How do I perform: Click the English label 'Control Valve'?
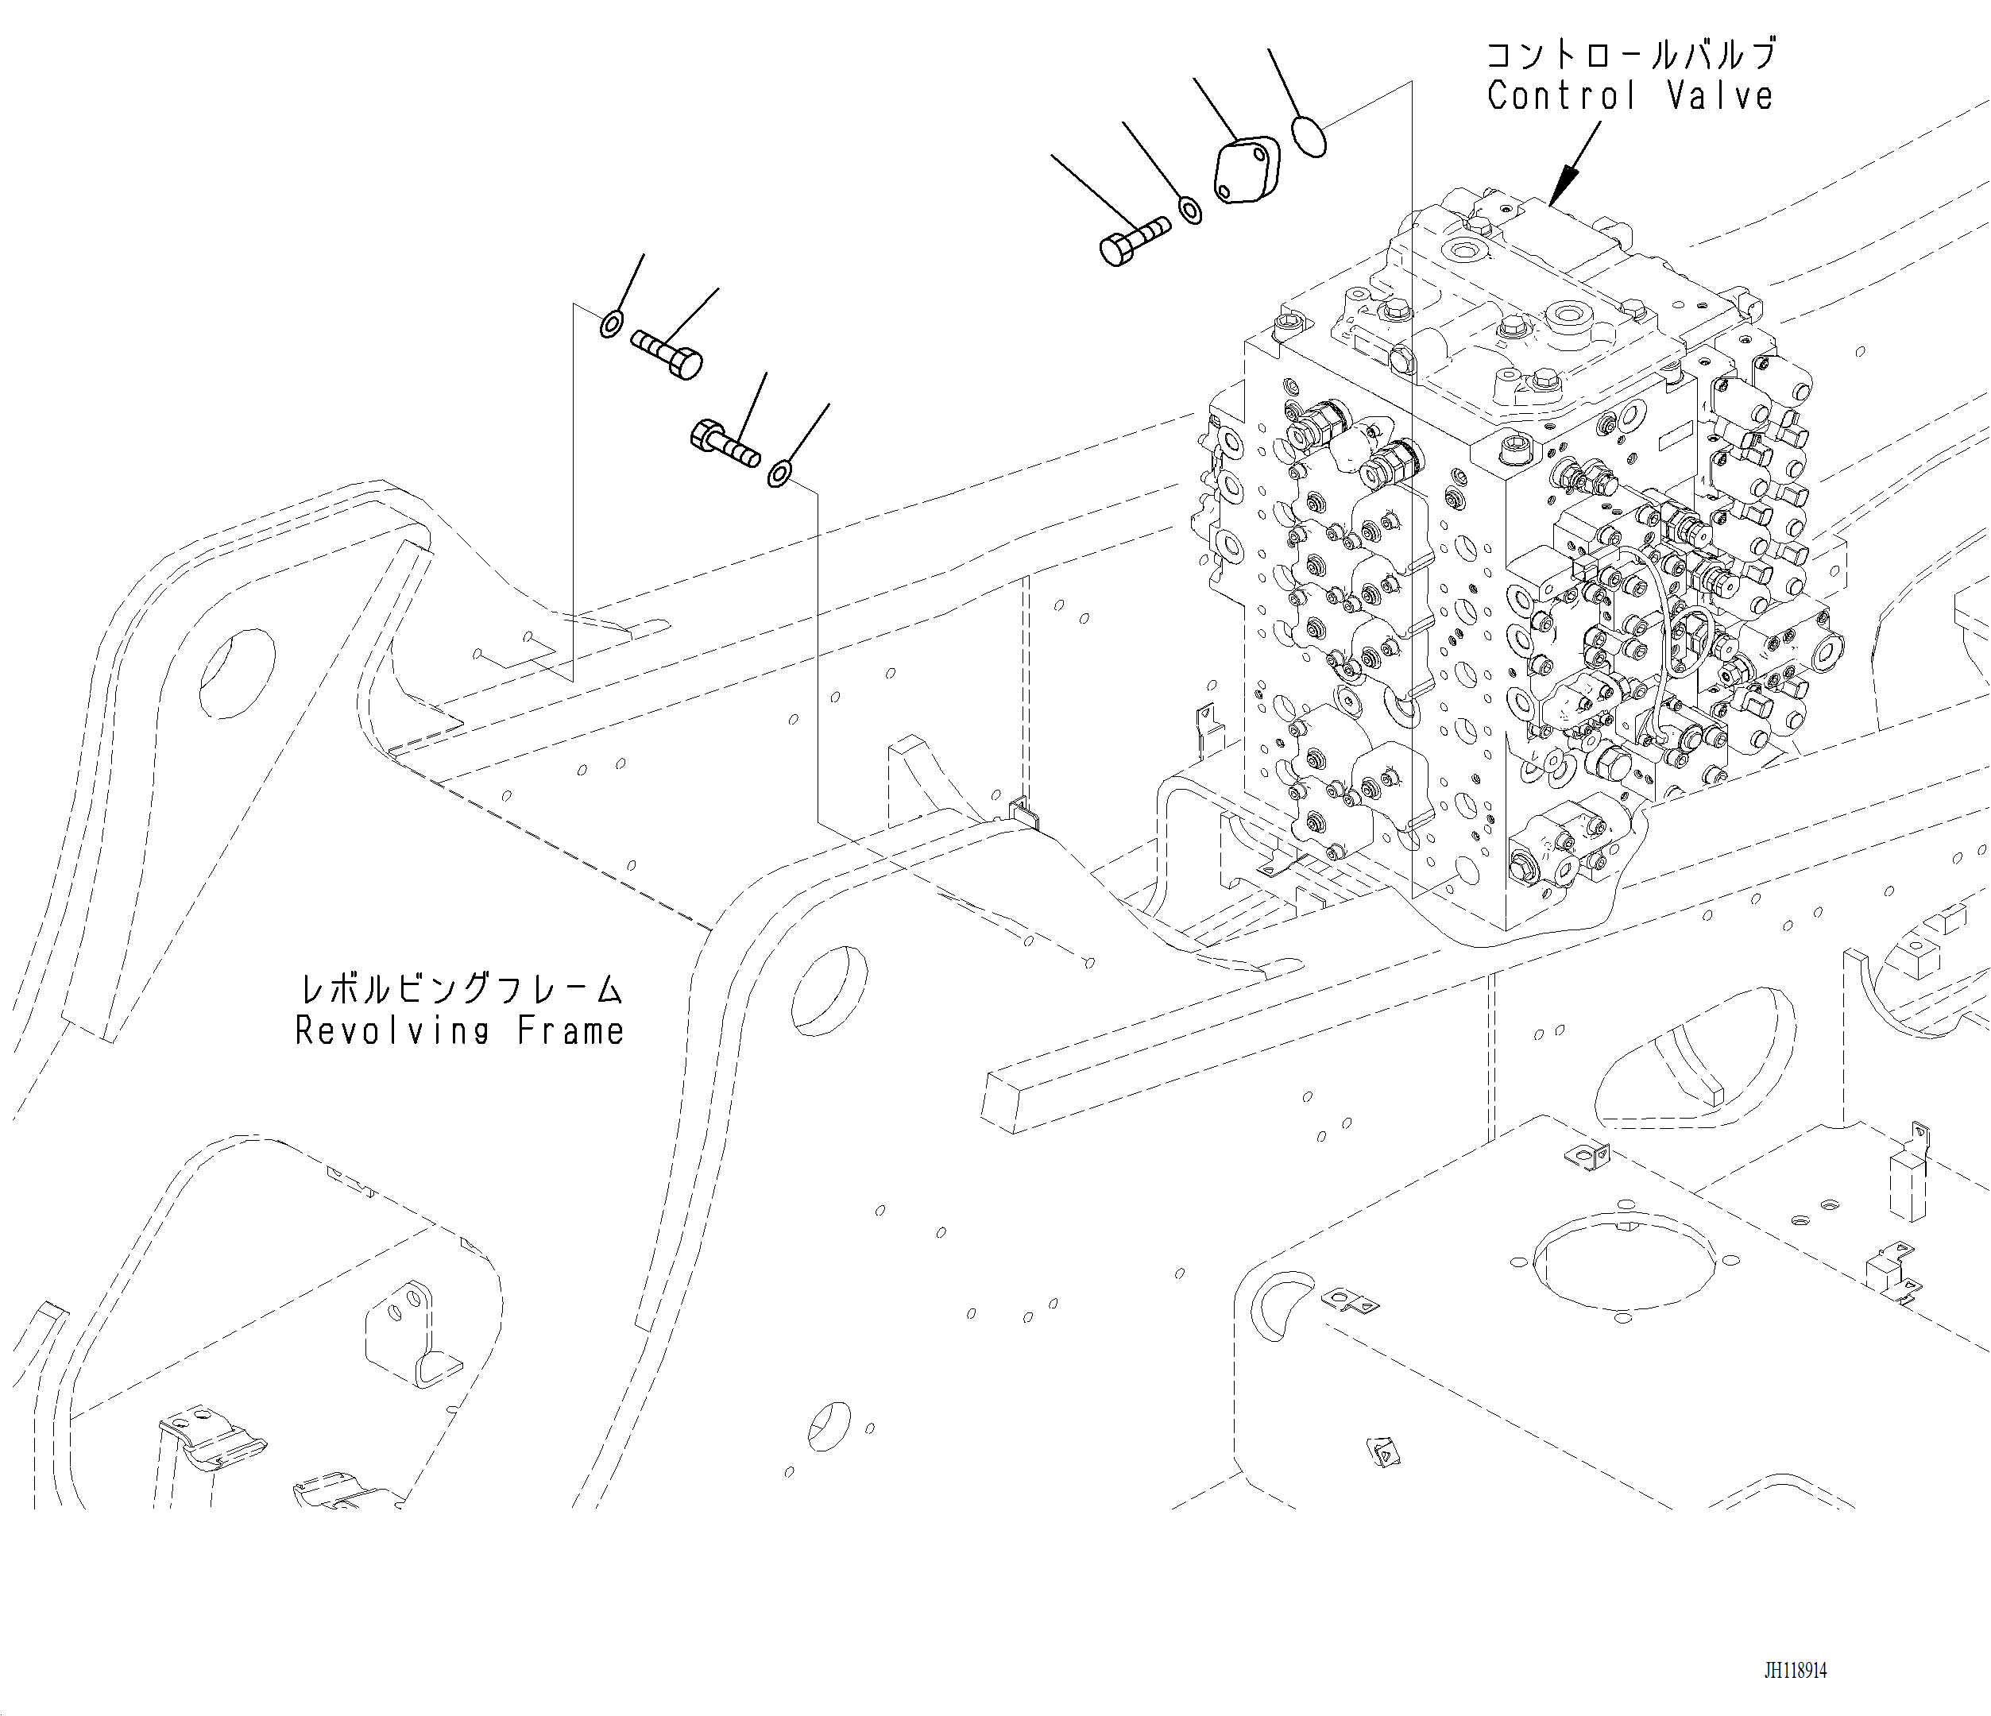pos(1630,96)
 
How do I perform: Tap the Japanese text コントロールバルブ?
pos(1630,55)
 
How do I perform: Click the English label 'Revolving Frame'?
pos(459,1031)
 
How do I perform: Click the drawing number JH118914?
pos(1795,1671)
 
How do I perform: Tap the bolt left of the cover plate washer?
pos(1134,242)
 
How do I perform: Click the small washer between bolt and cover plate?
pos(1189,210)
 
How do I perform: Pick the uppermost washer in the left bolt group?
pos(611,325)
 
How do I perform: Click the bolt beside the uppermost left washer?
pos(667,354)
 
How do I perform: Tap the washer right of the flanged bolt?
pos(779,473)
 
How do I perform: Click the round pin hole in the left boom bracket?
pos(238,673)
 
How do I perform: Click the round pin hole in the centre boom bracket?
pos(829,991)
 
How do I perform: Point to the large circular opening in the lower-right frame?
pos(1624,1262)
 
